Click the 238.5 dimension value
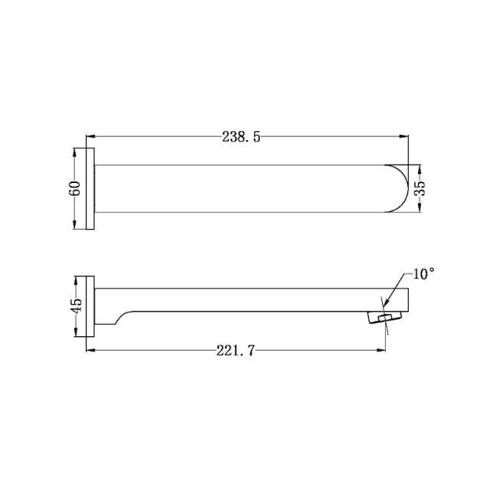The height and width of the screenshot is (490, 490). pos(242,137)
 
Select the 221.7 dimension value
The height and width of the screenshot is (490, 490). pos(236,351)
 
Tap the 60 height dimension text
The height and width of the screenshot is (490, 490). pos(75,188)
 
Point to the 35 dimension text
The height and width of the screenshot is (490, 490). pos(419,188)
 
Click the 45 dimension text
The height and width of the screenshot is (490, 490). pos(75,306)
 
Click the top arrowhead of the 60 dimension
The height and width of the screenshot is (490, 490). pos(75,151)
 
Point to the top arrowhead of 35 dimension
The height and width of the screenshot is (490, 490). pos(420,167)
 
